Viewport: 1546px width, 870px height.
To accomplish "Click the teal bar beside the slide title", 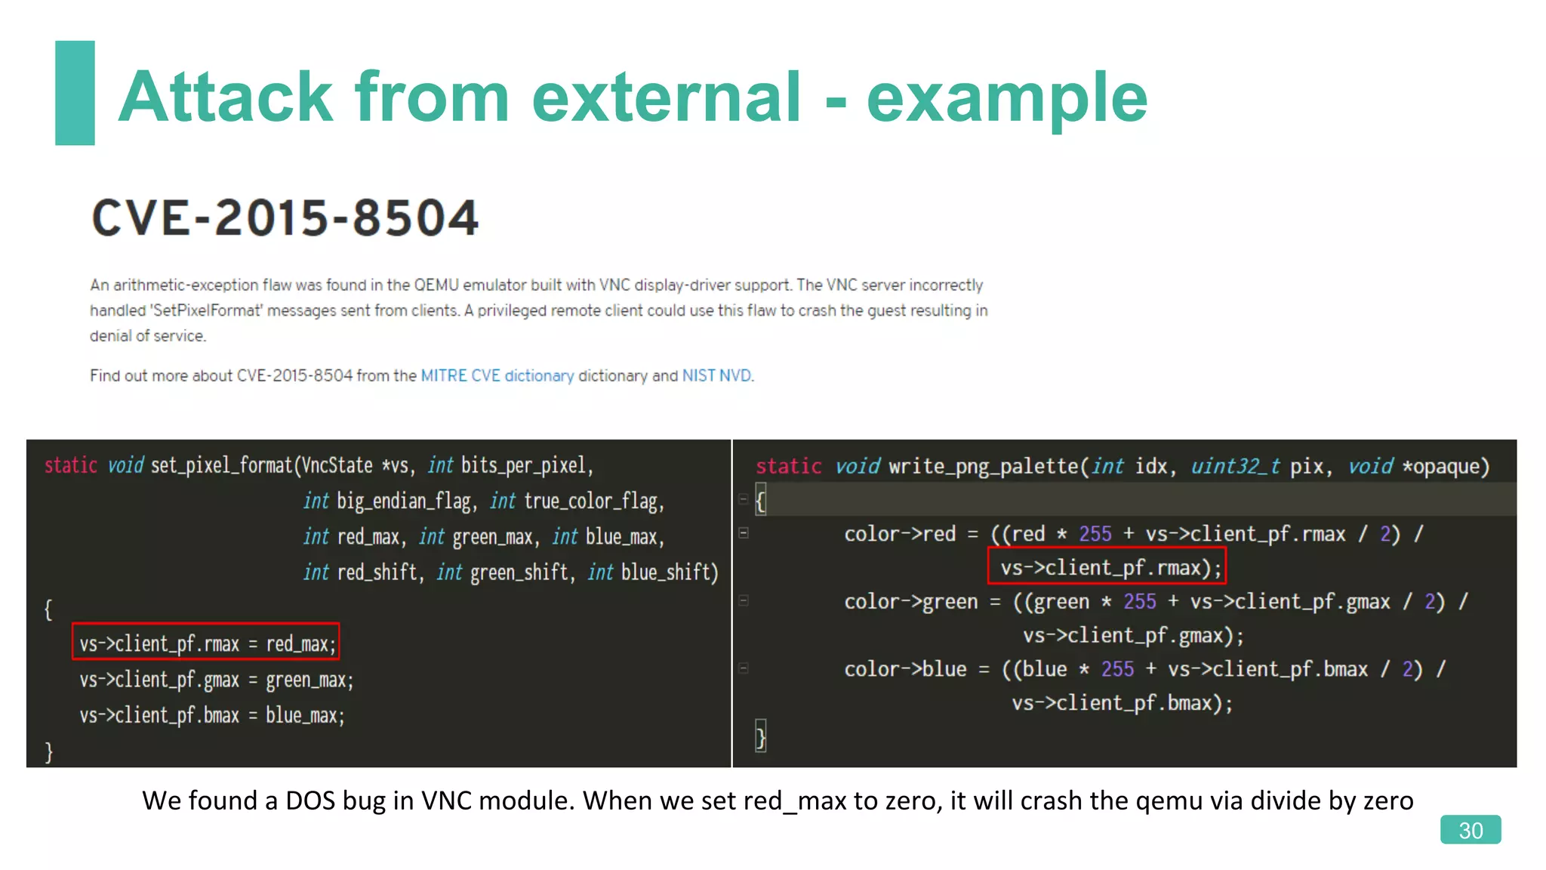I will click(x=75, y=92).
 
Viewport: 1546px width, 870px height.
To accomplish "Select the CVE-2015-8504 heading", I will click(x=285, y=218).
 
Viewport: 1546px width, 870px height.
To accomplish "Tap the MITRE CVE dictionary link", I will click(x=497, y=375).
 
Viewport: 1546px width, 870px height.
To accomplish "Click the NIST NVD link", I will click(x=716, y=375).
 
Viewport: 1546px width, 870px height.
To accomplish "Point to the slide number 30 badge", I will click(x=1470, y=830).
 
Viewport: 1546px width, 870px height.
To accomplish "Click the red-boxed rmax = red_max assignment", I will click(x=206, y=643).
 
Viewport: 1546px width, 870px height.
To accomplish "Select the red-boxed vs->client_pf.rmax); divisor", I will click(x=1107, y=567).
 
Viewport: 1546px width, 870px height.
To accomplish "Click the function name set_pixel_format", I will click(x=221, y=465).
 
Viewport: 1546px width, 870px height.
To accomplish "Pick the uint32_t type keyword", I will click(x=1235, y=466).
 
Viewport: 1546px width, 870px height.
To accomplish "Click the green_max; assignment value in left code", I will click(x=310, y=680).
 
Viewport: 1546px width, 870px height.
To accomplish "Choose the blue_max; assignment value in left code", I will click(x=305, y=715).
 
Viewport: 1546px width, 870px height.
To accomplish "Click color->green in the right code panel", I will click(x=910, y=602).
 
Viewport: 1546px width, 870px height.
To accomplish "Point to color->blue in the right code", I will click(x=905, y=669).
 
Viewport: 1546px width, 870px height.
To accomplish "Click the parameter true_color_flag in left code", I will click(x=593, y=501).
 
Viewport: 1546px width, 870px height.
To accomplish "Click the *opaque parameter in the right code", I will click(x=1445, y=466).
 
